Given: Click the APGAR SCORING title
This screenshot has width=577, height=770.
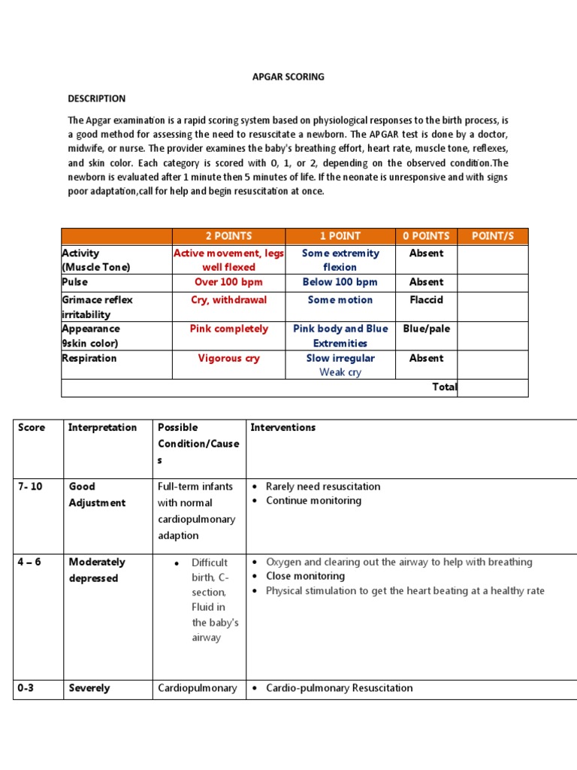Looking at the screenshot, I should point(288,77).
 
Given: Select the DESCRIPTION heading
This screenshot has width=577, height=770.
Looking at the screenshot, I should point(97,99).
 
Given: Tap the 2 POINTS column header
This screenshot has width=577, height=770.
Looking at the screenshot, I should point(229,236).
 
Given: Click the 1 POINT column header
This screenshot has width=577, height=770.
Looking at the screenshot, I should point(340,236).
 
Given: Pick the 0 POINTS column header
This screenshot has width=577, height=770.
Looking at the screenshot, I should point(426,236).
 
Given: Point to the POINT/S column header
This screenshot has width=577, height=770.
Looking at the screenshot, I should point(492,236).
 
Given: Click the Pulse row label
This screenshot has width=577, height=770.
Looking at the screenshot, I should point(74,282).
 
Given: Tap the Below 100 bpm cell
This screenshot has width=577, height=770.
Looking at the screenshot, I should point(340,282).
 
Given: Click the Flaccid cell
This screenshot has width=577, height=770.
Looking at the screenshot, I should point(426,299).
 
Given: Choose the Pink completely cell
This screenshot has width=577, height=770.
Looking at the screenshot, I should point(229,329).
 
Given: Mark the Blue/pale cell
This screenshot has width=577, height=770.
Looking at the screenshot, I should point(426,329).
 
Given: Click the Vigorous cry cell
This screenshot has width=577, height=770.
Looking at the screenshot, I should point(229,358).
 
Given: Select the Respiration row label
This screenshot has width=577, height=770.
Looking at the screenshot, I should point(89,358).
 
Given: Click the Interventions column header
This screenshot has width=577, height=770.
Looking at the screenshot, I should point(282,427).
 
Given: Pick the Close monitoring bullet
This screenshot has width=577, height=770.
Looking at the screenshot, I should point(305,576).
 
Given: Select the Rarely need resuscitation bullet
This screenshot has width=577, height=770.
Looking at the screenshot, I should point(323,487).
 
